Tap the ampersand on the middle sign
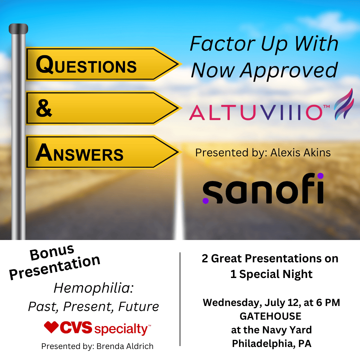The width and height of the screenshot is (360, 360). pos(44,109)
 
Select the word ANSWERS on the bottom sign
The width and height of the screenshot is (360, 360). pos(79,154)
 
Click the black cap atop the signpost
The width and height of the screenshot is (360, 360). pos(18,29)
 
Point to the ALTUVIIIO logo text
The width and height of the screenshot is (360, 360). pos(255,113)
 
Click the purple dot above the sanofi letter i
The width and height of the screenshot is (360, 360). pos(320,176)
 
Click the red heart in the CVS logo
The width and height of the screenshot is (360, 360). pos(51,327)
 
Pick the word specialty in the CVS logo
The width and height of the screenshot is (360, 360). pos(122,329)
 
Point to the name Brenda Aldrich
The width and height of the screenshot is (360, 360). pos(125,346)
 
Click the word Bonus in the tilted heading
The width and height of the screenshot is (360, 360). pos(52,253)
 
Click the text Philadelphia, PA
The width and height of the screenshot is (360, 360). pos(271,344)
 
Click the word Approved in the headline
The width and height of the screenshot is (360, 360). pos(289,71)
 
